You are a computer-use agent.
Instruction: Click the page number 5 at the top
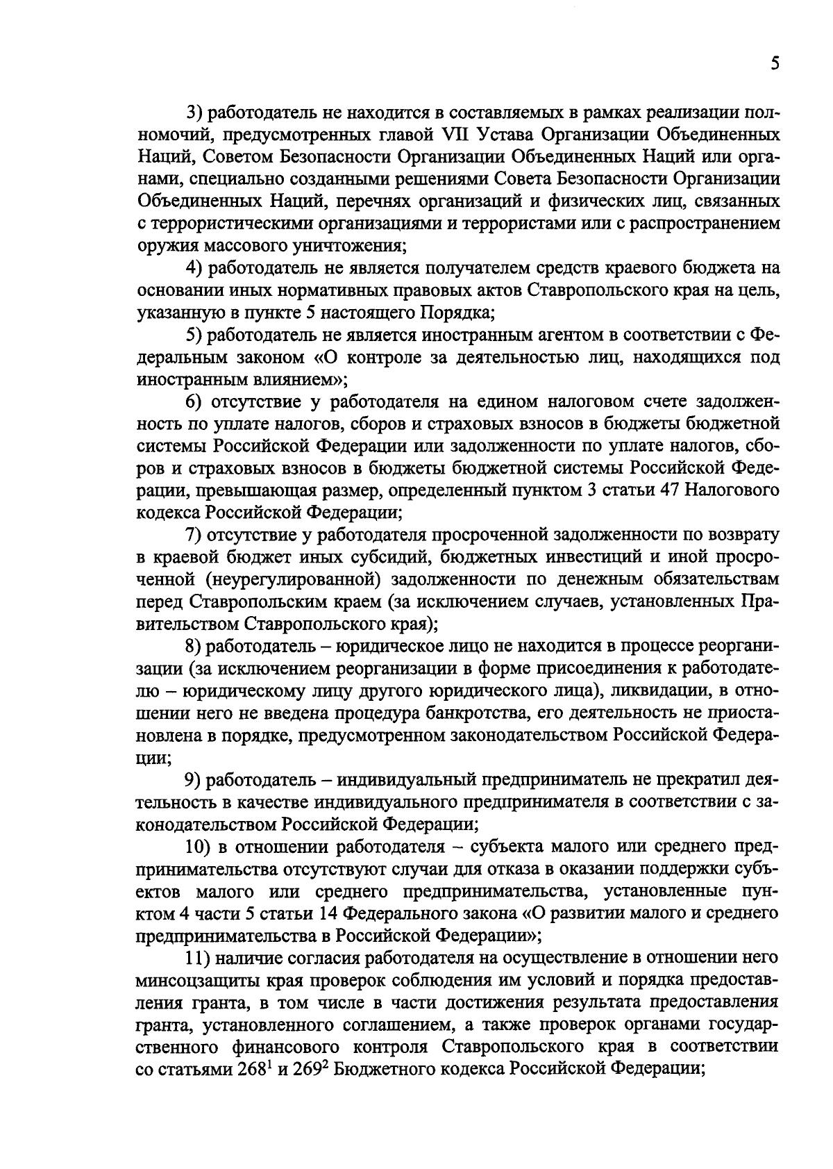(774, 65)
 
